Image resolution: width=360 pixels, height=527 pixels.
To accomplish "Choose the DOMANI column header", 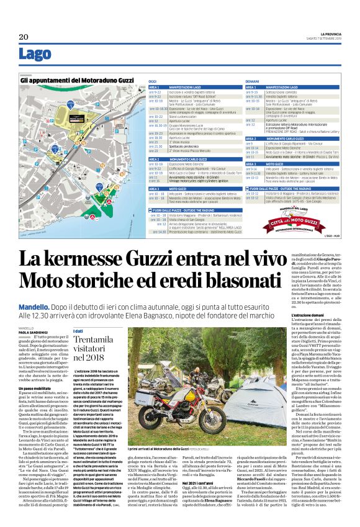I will (x=253, y=81).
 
